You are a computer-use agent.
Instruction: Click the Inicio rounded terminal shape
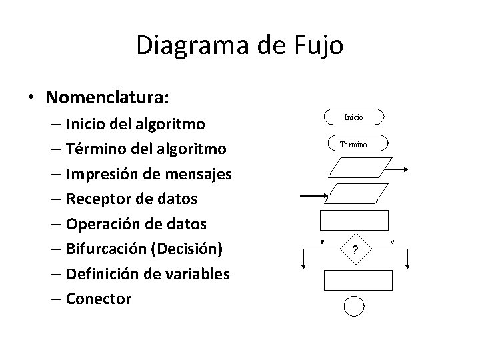click(x=354, y=118)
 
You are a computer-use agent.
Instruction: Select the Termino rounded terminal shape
click(x=354, y=144)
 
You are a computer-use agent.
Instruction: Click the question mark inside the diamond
click(x=355, y=250)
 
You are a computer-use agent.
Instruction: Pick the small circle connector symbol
click(x=355, y=305)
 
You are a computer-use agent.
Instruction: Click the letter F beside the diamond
click(x=323, y=241)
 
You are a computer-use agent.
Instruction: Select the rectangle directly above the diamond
click(x=354, y=220)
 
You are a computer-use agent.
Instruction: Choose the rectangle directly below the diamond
click(x=354, y=281)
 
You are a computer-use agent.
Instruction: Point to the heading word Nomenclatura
click(x=107, y=97)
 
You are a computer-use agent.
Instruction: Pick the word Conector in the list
click(x=99, y=299)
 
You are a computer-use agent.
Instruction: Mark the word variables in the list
click(x=197, y=273)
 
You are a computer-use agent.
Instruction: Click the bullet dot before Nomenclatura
click(x=31, y=98)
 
